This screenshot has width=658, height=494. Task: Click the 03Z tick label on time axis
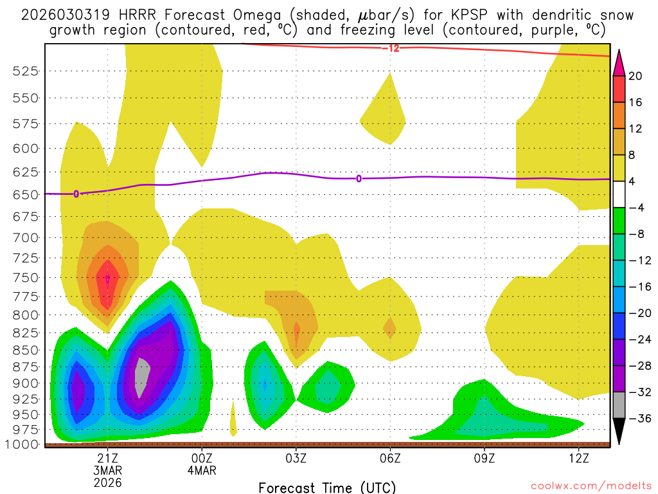296,458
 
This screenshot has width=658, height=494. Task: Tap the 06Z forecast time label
390,458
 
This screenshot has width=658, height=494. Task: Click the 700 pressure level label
26,237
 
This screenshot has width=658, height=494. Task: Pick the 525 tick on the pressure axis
26,71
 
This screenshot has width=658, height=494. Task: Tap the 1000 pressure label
22,444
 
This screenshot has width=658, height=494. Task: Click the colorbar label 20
636,76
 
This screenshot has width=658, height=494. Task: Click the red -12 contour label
390,48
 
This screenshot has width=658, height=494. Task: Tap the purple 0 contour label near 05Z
359,178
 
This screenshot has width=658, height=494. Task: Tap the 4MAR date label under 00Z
202,470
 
